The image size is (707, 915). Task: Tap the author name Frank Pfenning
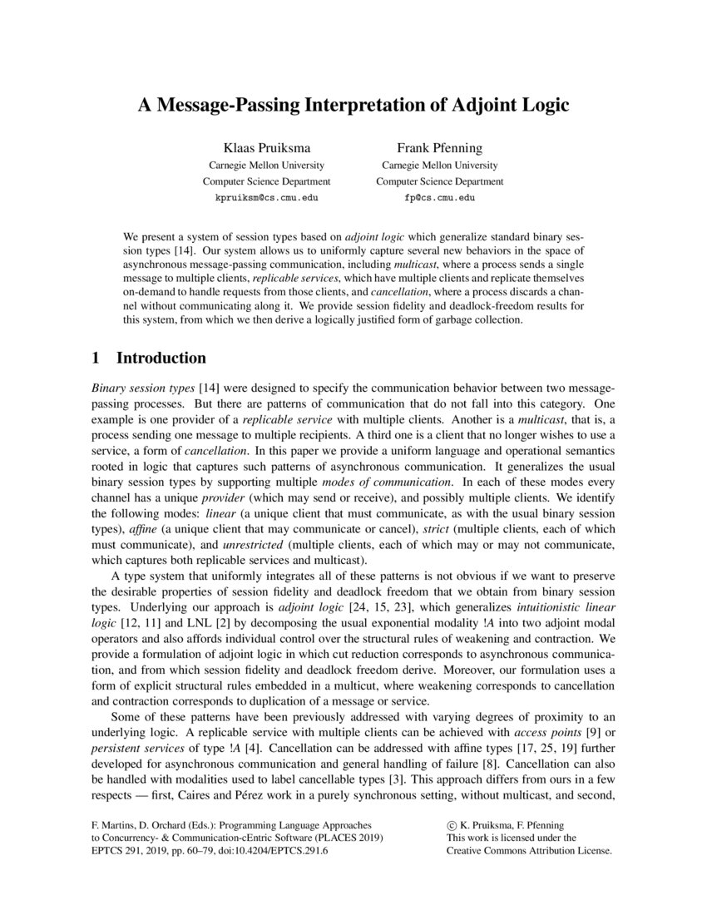(439, 148)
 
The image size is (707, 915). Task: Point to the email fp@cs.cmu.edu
(439, 199)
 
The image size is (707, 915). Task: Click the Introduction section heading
(161, 359)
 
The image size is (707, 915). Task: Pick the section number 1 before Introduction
(96, 359)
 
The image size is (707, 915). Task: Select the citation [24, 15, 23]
(346, 607)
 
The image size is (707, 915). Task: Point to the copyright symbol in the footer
(452, 825)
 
